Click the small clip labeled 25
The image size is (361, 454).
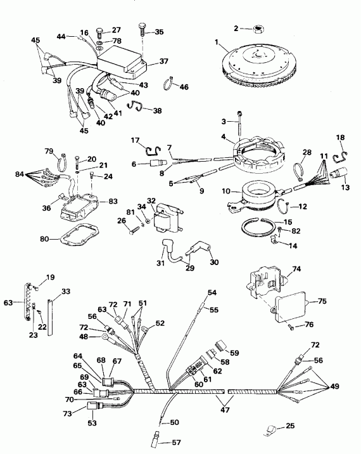pos(272,429)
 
